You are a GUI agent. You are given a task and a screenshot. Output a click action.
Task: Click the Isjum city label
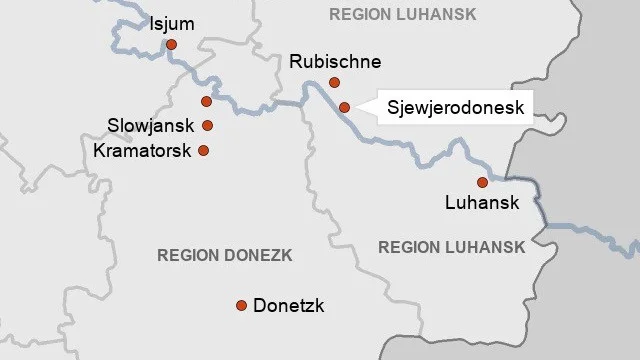click(x=172, y=23)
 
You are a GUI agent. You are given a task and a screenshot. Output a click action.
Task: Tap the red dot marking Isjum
click(x=172, y=44)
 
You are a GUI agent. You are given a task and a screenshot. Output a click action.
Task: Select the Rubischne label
click(x=334, y=62)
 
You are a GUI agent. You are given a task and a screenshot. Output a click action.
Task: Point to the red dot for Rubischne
click(x=334, y=83)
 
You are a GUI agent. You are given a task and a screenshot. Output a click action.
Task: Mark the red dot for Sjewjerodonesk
click(x=344, y=107)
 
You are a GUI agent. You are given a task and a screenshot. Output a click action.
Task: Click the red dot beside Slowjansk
click(x=208, y=126)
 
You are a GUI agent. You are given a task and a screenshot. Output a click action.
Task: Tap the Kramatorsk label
click(x=142, y=151)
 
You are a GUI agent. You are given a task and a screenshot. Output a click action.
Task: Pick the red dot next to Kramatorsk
click(x=204, y=151)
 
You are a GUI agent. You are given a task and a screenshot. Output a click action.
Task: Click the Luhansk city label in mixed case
click(x=482, y=203)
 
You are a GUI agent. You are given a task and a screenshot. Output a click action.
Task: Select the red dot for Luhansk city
click(x=482, y=182)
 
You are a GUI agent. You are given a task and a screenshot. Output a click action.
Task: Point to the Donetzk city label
click(x=289, y=306)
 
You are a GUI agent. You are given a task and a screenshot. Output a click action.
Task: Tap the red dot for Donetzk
click(x=241, y=306)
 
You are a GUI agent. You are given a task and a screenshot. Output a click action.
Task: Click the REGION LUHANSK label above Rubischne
click(x=402, y=14)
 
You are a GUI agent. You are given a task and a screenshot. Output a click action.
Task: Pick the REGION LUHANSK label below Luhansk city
click(x=451, y=247)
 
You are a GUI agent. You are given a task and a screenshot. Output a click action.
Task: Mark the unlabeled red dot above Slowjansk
click(x=206, y=101)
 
